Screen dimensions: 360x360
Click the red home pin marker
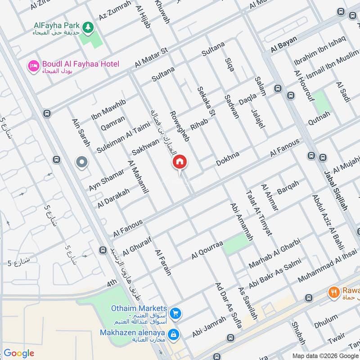tap(180, 162)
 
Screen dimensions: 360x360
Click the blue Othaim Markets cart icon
tap(176, 314)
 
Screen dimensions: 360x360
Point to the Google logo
tap(19, 353)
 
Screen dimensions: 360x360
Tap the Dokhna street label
tap(228, 159)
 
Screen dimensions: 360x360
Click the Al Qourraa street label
tap(207, 250)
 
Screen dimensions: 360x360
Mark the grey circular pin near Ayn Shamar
tap(82, 162)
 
